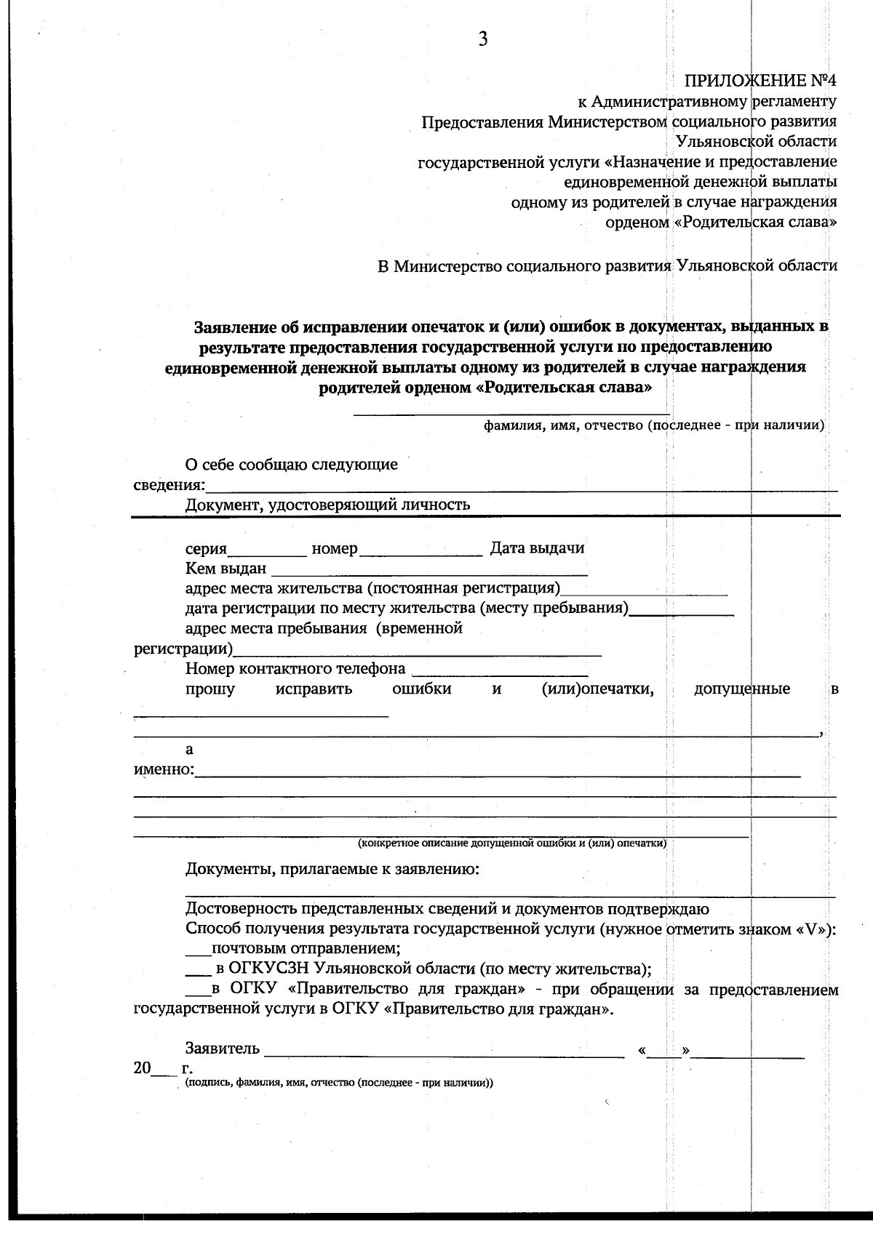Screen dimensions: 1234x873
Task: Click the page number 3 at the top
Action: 482,40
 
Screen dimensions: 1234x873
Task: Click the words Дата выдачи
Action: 537,548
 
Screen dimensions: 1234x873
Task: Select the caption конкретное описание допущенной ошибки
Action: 511,844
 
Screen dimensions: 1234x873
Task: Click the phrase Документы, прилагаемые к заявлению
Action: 332,869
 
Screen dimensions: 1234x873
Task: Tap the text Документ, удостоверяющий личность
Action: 327,505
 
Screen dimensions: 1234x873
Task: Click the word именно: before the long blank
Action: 164,769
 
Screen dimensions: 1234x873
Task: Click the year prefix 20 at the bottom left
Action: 143,1068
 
